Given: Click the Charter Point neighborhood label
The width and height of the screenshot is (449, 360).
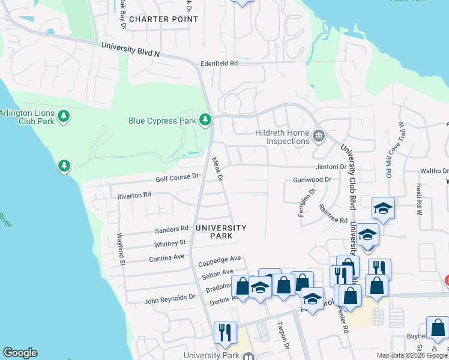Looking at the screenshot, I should (163, 19).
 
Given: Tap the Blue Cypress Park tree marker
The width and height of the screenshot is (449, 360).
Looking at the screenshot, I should (205, 120).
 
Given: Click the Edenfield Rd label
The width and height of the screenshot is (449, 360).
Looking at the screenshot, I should (219, 63).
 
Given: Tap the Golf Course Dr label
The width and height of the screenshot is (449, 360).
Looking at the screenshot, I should (177, 176).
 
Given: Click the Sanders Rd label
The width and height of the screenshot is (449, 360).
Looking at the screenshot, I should (172, 230).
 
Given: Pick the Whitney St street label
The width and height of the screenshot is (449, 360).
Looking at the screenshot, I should (170, 244).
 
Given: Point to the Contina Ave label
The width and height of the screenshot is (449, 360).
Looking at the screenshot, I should (166, 257).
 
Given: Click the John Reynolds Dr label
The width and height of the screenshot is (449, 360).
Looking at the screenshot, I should (170, 297).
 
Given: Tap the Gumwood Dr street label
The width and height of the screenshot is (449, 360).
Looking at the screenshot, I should (312, 179).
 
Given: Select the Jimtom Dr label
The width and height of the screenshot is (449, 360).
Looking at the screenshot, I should (331, 167).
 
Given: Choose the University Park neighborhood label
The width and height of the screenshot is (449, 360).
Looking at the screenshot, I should (220, 232).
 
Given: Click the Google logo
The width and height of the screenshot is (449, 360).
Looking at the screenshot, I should (20, 353).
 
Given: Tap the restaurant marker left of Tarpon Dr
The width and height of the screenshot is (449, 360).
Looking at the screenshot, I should (225, 332).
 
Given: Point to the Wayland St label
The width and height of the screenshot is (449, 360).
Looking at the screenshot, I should (121, 250).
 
